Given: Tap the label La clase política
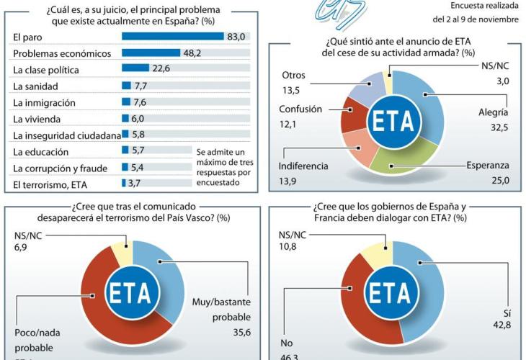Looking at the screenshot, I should coord(45,69).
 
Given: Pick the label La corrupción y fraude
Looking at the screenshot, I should coord(60,168).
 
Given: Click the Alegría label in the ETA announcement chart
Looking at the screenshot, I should coord(493,112).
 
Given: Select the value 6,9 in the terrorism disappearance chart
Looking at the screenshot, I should coord(24,248).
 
